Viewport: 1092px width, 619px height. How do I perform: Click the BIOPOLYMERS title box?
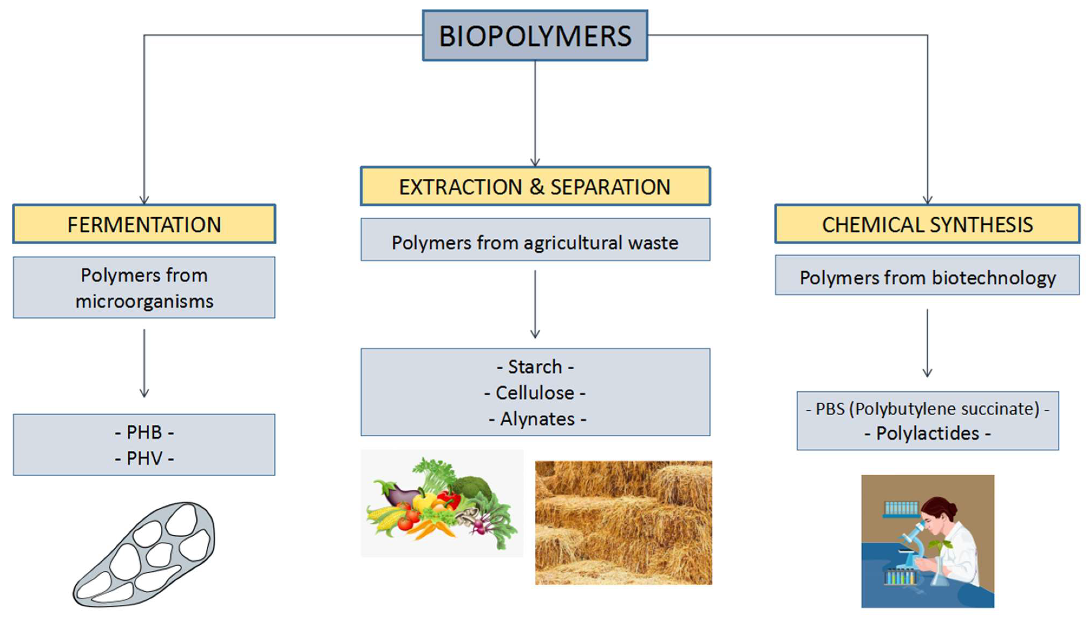coord(535,36)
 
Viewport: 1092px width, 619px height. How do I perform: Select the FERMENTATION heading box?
coord(144,224)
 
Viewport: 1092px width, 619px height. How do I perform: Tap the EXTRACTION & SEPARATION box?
coord(535,187)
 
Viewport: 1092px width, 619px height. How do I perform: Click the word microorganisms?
coord(144,301)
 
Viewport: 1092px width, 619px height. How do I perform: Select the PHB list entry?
coord(144,432)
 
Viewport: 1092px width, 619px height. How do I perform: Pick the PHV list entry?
coord(144,458)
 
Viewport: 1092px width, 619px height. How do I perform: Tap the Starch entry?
coord(535,367)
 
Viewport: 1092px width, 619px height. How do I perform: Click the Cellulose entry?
coord(535,393)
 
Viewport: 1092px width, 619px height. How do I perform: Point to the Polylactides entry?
coord(927,434)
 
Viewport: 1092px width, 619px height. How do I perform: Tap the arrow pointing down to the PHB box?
coord(144,364)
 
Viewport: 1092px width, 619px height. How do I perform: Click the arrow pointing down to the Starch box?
coord(535,304)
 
